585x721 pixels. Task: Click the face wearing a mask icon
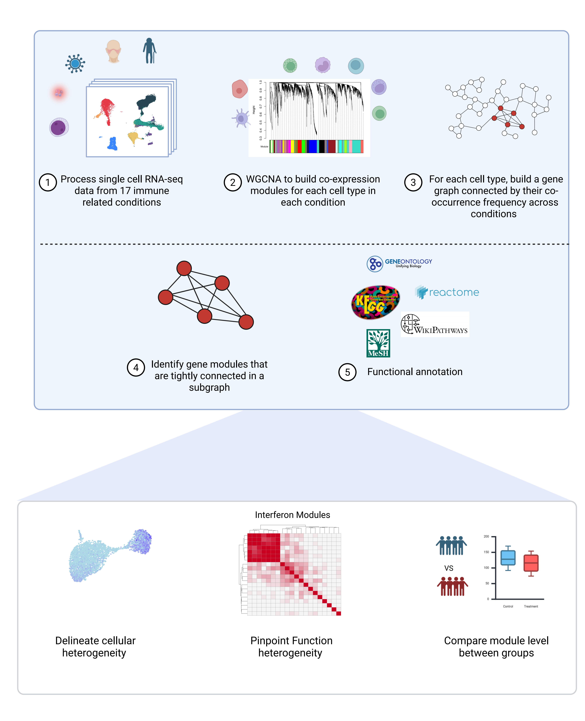tap(113, 51)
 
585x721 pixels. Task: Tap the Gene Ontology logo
tap(399, 263)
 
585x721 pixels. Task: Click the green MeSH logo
tap(378, 343)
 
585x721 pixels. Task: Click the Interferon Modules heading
tap(292, 515)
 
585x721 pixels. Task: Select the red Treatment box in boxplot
tap(531, 563)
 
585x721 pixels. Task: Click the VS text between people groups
tap(449, 568)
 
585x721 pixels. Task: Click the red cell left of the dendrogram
tap(240, 89)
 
